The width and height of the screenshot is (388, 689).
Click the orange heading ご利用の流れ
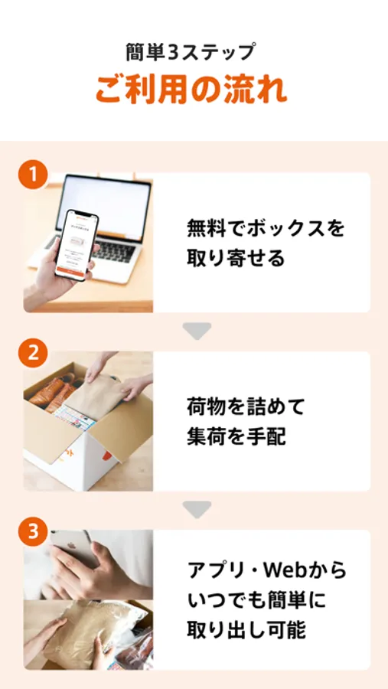tap(191, 90)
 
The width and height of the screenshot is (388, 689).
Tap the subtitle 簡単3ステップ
tap(191, 53)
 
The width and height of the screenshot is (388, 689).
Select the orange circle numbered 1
tap(33, 175)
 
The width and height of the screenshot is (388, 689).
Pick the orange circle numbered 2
tap(33, 353)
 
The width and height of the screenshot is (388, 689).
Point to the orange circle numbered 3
tap(33, 532)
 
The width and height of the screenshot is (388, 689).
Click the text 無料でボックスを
tap(266, 229)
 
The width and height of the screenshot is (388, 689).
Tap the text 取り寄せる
tap(236, 258)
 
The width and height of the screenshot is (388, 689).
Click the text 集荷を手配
tap(236, 437)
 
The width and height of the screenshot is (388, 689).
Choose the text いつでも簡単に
tap(257, 601)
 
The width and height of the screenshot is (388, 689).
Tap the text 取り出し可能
tap(246, 631)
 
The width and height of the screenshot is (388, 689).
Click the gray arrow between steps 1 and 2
tap(197, 331)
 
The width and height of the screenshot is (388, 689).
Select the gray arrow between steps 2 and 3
tap(197, 509)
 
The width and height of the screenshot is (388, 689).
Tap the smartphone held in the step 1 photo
tap(77, 244)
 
